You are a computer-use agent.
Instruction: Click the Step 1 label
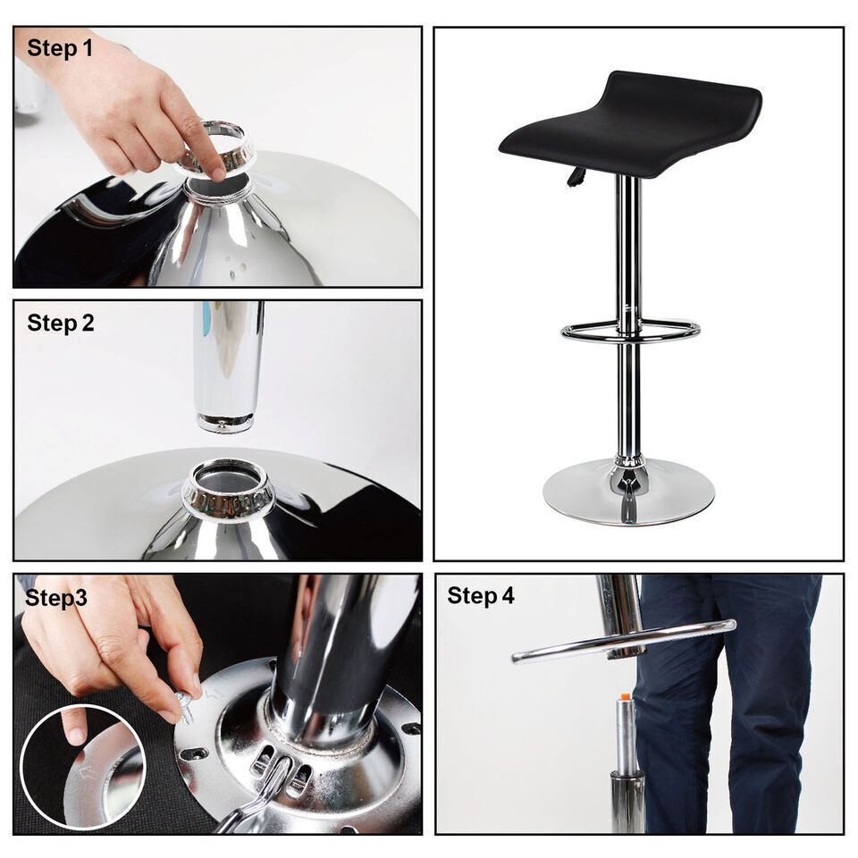click(60, 48)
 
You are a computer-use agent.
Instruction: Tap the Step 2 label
click(60, 323)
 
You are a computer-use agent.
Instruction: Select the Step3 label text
click(56, 598)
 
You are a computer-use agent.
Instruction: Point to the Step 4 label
click(481, 596)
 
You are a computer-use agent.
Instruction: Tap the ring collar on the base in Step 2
click(229, 491)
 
